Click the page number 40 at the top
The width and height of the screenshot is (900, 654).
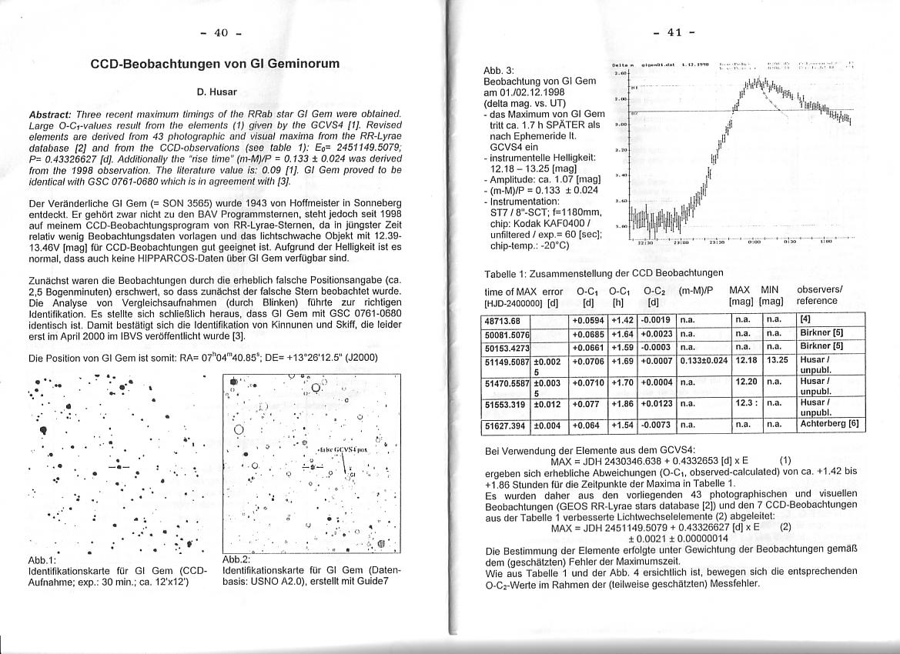pos(221,32)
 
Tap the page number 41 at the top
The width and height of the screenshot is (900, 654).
pos(675,32)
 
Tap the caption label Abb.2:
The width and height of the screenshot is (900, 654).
pos(235,559)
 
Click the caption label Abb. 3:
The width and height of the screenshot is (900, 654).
pos(498,70)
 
